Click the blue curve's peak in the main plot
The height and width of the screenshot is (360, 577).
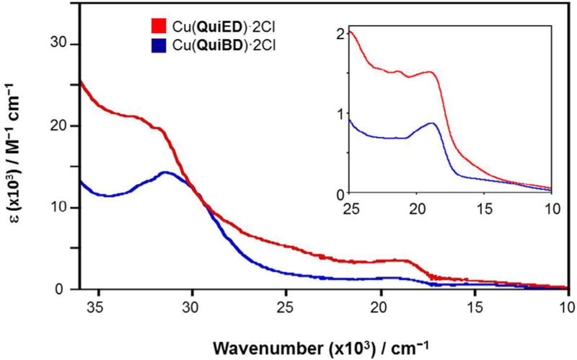165,172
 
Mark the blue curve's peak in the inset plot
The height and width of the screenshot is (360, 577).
433,123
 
